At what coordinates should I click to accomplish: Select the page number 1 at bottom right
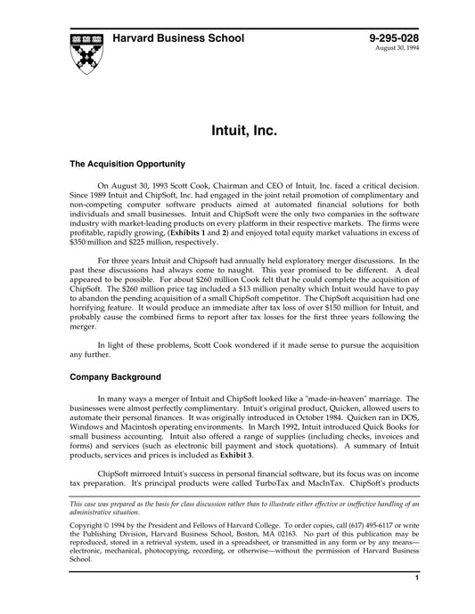[417, 602]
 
